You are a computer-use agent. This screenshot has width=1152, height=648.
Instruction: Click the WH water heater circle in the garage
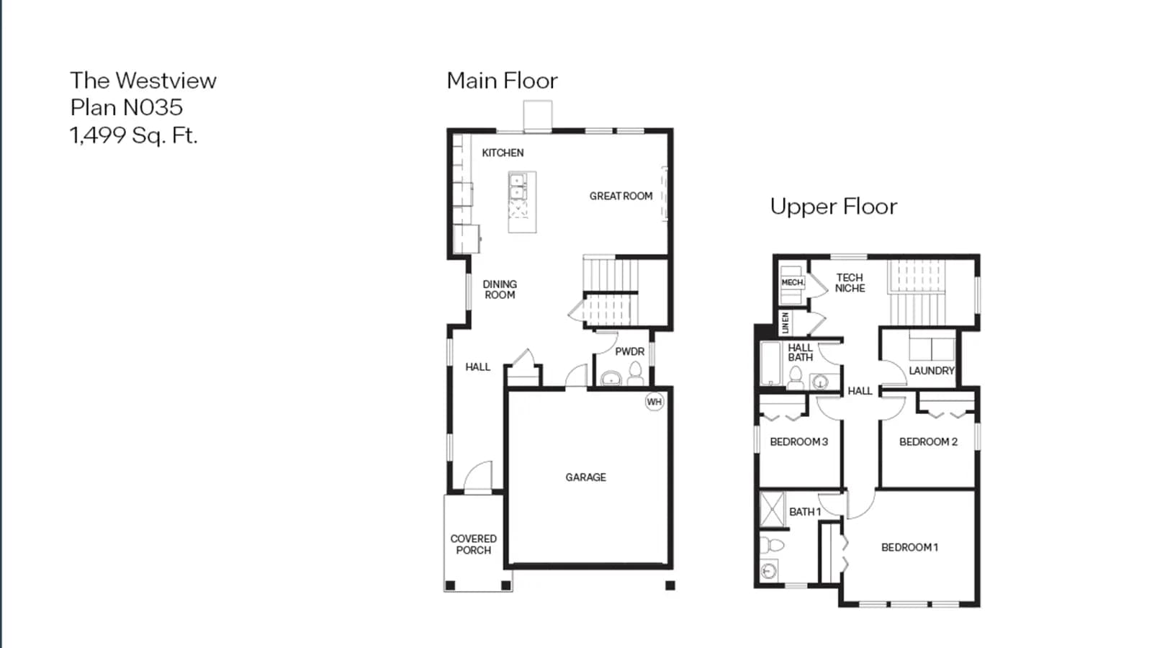(654, 402)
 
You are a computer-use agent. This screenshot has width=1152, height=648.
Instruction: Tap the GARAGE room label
(586, 477)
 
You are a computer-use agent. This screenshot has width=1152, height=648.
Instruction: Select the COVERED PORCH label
(474, 544)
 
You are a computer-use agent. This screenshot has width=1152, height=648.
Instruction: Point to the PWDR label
(629, 352)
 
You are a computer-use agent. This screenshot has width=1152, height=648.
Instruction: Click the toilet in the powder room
(636, 374)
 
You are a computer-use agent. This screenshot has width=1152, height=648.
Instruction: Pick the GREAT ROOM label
(621, 196)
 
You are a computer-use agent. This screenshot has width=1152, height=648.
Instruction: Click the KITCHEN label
(503, 153)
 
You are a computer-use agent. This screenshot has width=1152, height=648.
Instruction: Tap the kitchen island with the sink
(522, 202)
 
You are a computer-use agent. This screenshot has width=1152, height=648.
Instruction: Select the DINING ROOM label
(500, 289)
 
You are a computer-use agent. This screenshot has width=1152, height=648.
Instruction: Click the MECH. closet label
(793, 282)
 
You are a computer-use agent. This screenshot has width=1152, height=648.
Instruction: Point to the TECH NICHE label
(850, 283)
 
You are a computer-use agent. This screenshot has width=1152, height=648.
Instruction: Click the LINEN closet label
(786, 323)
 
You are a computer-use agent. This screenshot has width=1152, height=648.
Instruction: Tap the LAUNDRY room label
(932, 370)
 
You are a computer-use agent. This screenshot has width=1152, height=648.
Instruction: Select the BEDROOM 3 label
(798, 442)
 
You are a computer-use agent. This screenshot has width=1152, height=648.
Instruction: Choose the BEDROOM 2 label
(928, 442)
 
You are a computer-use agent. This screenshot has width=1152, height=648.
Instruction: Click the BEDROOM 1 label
(910, 547)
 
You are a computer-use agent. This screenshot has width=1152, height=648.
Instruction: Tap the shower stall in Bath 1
(773, 509)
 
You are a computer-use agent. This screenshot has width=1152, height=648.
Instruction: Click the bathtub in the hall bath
(770, 363)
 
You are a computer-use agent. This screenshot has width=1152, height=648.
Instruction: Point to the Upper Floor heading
(834, 207)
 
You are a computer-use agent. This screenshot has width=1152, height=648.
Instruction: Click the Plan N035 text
(127, 107)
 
